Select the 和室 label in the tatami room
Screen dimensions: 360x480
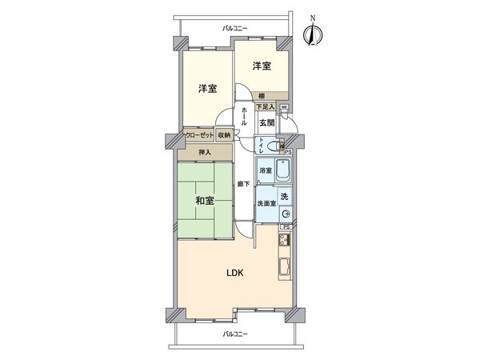(205, 201)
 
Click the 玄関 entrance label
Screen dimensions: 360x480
(266, 122)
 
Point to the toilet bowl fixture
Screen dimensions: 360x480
(274, 146)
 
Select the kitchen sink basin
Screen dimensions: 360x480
(283, 267)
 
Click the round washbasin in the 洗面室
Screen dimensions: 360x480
(284, 212)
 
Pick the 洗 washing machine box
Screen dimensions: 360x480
(283, 196)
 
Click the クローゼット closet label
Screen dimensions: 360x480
(198, 135)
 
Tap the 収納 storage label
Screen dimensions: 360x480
(223, 135)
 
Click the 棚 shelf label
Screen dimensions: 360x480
(262, 96)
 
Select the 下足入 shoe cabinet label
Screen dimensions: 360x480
(265, 106)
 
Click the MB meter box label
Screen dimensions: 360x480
(284, 106)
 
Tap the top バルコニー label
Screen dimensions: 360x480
(234, 29)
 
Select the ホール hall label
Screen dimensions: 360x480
(243, 117)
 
